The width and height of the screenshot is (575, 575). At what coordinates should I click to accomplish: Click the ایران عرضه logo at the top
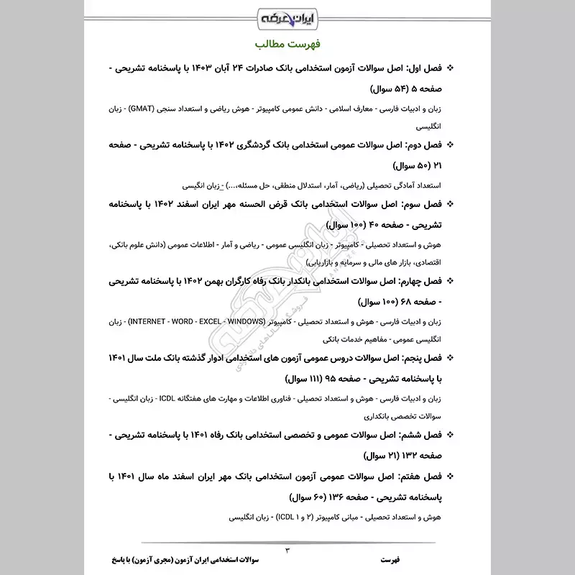click(287, 15)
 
